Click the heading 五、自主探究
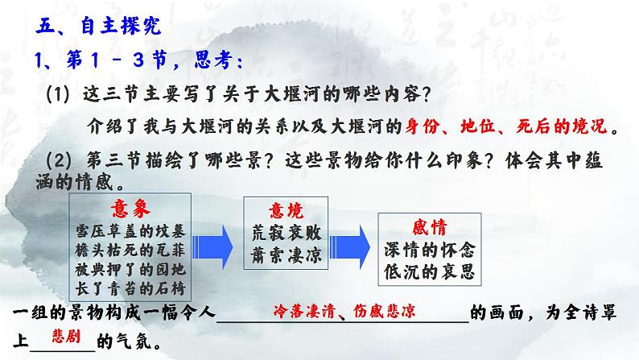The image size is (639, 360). (x=98, y=26)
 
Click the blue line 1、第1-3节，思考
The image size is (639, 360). (x=139, y=60)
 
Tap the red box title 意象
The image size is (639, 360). (x=130, y=209)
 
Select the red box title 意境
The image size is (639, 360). (x=286, y=211)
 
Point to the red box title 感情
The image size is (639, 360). (x=430, y=227)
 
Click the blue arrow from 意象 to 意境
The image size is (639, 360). (x=212, y=247)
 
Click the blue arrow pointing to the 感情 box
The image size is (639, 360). (x=349, y=247)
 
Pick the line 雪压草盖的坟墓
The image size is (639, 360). (x=130, y=231)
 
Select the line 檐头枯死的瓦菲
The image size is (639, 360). (x=130, y=250)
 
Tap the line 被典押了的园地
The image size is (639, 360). (x=130, y=270)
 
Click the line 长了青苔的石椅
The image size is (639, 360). (x=130, y=288)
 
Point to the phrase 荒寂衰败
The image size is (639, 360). (x=287, y=234)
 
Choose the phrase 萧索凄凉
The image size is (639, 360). (x=287, y=255)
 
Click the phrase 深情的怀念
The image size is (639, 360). (x=430, y=250)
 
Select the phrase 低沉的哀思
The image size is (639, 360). (x=430, y=271)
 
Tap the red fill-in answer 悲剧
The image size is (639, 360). (x=66, y=337)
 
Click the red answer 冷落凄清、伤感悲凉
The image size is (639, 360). (x=344, y=312)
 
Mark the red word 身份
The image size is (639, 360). (x=422, y=126)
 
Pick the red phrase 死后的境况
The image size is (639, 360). (x=562, y=126)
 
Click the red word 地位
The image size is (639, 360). (x=477, y=126)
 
